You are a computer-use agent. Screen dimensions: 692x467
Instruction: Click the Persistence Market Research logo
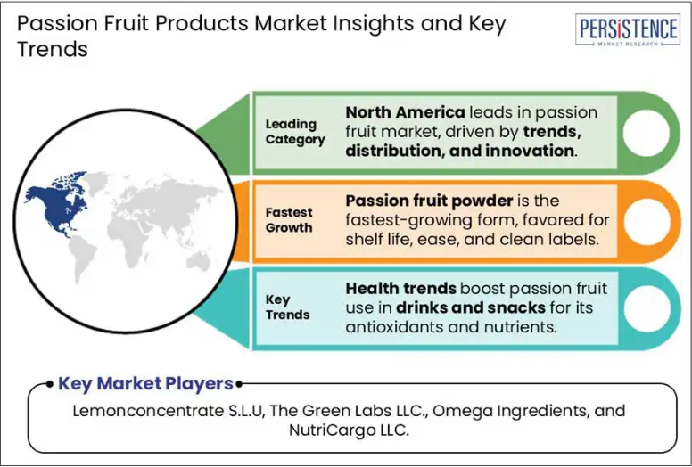pyautogui.click(x=627, y=29)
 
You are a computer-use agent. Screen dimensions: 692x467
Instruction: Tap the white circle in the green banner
pyautogui.click(x=647, y=133)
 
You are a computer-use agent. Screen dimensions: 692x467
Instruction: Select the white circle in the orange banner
pyautogui.click(x=647, y=221)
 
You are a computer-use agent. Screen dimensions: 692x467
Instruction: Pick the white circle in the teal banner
pyautogui.click(x=647, y=308)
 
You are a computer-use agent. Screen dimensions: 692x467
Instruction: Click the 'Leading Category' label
pyautogui.click(x=295, y=132)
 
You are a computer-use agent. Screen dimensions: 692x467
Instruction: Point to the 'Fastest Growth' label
pyautogui.click(x=289, y=220)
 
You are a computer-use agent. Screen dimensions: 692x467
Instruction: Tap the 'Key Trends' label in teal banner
pyautogui.click(x=287, y=307)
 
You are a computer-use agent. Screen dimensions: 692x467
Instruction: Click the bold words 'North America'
pyautogui.click(x=405, y=112)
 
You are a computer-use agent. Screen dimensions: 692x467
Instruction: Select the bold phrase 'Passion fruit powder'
pyautogui.click(x=429, y=201)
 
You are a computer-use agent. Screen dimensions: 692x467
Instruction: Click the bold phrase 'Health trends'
pyautogui.click(x=400, y=289)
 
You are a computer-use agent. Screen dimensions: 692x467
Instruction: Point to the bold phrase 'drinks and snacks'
pyautogui.click(x=471, y=307)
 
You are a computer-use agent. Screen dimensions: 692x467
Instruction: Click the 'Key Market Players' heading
pyautogui.click(x=145, y=383)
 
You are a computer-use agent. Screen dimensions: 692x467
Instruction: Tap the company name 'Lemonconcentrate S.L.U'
pyautogui.click(x=169, y=411)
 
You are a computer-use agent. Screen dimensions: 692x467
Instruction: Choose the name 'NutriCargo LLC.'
pyautogui.click(x=349, y=430)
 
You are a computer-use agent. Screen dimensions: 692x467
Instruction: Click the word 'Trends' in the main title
pyautogui.click(x=53, y=49)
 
